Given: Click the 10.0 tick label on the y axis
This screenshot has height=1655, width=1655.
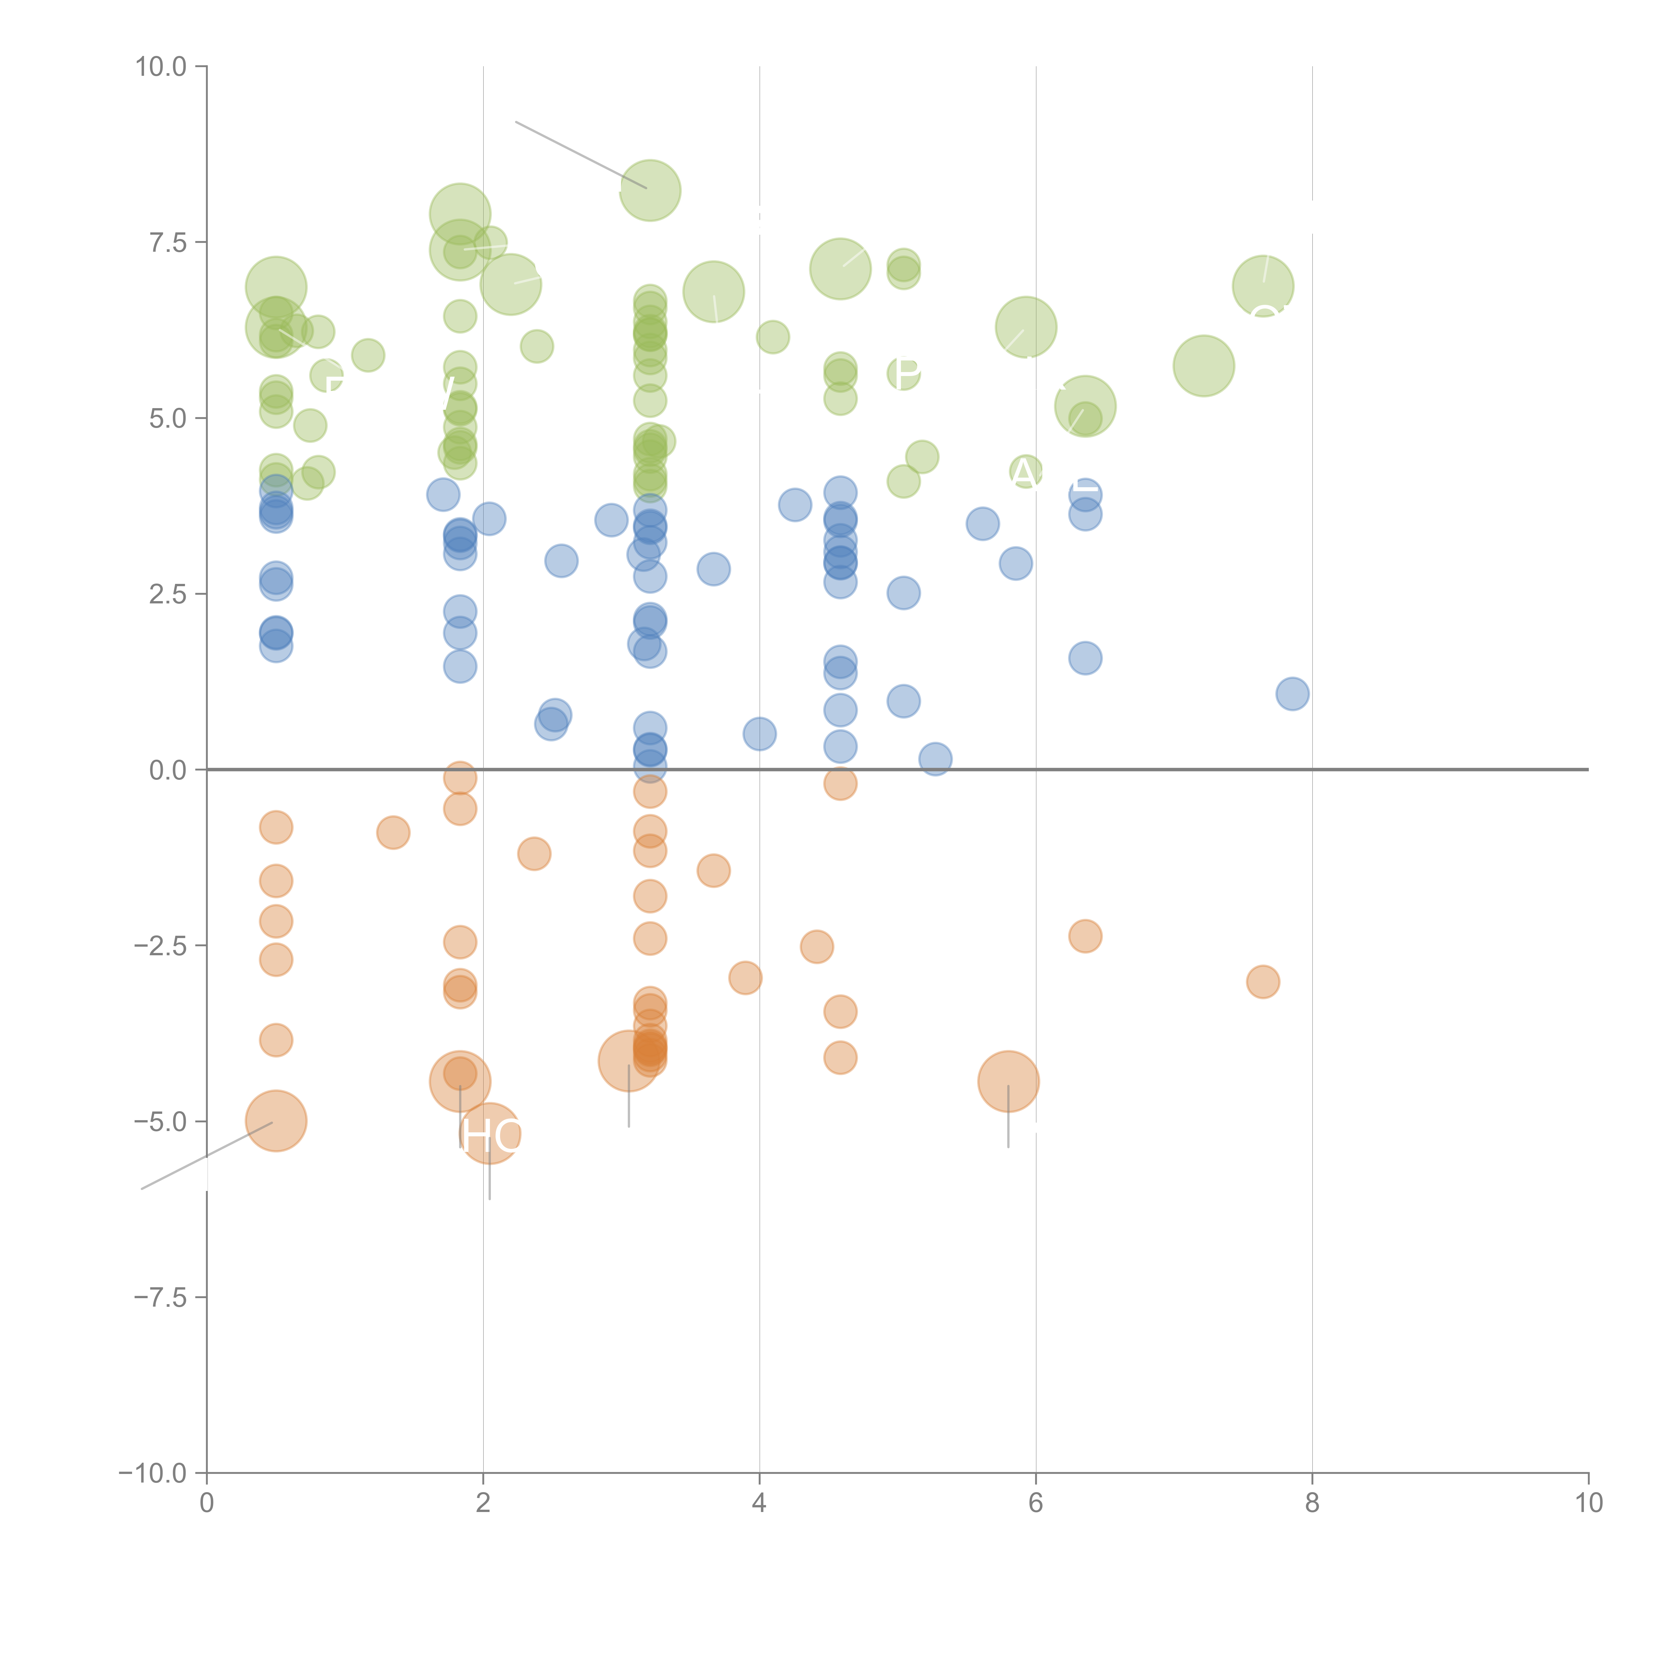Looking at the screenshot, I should (x=161, y=67).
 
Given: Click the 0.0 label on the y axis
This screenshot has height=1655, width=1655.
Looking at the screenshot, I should (x=168, y=770).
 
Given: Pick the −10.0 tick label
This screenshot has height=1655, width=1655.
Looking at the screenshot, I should (x=153, y=1473).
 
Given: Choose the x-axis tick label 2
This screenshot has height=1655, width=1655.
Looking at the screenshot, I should (x=483, y=1503).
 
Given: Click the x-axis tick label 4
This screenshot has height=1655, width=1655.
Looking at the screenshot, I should (x=759, y=1503).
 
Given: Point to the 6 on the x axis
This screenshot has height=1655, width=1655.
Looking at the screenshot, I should (x=1036, y=1503).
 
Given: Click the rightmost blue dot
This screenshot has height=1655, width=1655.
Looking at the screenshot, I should (x=1292, y=694).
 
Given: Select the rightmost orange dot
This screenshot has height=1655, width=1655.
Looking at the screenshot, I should (x=1263, y=982).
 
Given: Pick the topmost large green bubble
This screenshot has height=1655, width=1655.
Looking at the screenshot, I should (x=650, y=190).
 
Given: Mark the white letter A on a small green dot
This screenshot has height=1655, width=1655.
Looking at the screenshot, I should (x=1024, y=472).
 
